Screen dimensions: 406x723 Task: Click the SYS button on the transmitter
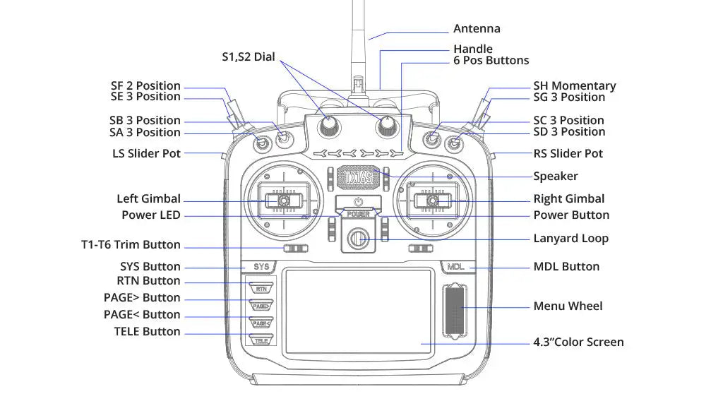pos(261,267)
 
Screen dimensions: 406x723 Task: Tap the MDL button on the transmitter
pos(455,267)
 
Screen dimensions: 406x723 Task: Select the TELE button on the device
pos(261,340)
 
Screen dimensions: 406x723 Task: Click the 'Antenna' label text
pos(477,29)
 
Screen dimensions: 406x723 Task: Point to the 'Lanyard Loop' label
pos(570,239)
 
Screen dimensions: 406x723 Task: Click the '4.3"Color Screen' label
pos(578,342)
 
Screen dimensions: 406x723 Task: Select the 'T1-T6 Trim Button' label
pos(131,245)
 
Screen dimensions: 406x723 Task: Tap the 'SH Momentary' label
pos(574,86)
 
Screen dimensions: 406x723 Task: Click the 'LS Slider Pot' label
pos(146,153)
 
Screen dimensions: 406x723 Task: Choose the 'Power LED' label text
pos(150,215)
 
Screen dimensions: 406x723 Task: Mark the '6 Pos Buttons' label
pos(491,61)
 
